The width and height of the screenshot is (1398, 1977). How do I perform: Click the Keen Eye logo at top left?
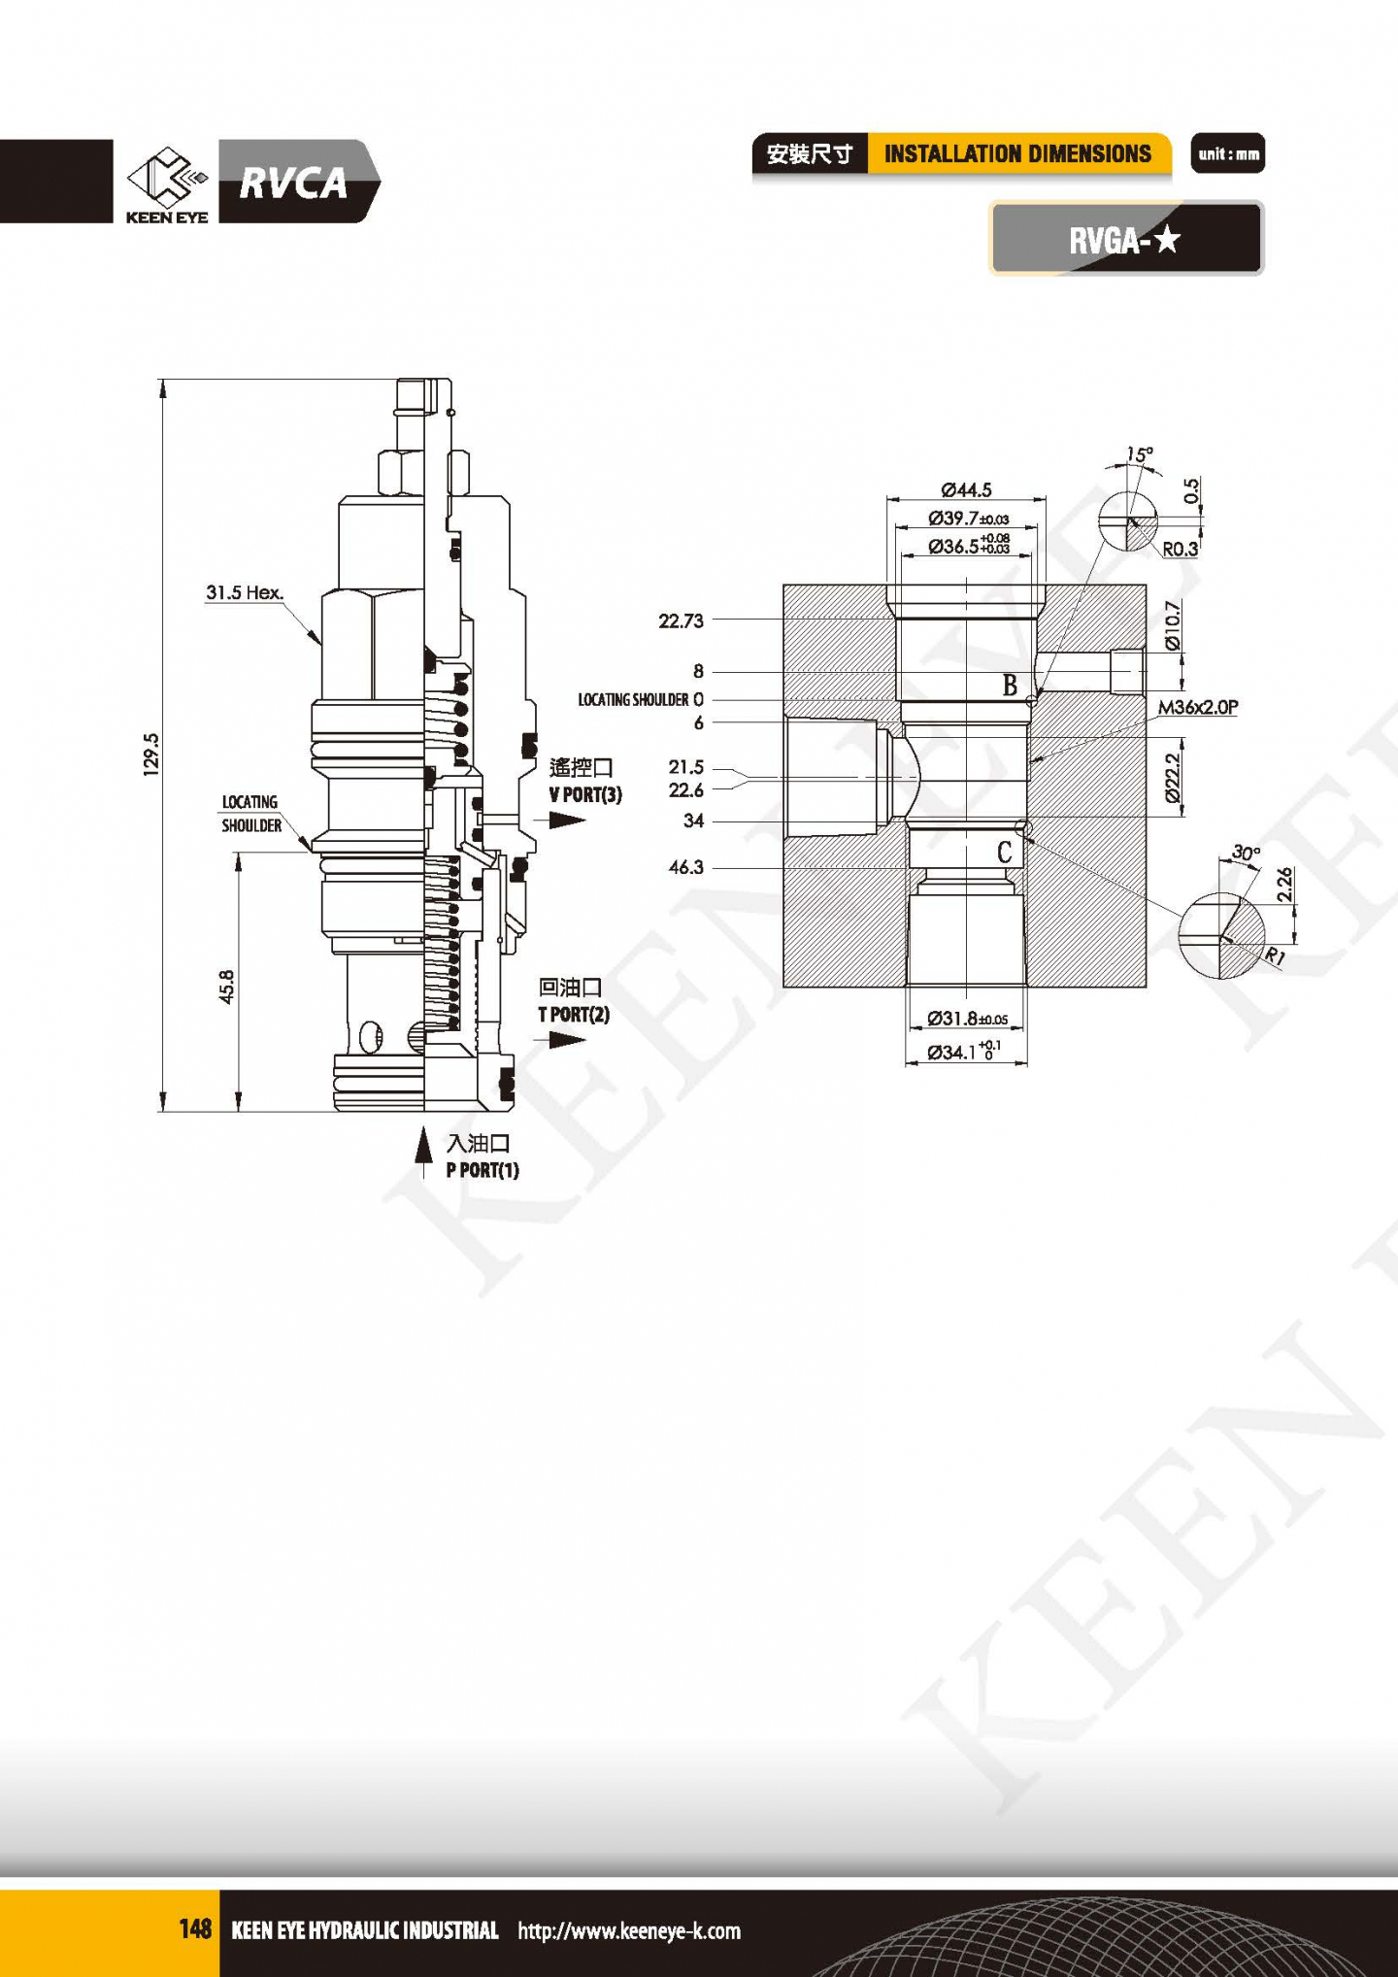click(167, 184)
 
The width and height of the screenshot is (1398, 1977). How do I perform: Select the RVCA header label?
click(292, 183)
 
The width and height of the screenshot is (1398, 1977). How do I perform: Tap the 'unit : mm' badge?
click(1228, 153)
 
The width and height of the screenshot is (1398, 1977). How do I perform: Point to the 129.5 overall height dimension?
click(150, 754)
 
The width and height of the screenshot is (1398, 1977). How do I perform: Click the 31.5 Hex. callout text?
click(244, 592)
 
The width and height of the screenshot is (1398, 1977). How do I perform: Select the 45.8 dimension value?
click(226, 987)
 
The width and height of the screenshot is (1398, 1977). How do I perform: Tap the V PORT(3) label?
click(585, 794)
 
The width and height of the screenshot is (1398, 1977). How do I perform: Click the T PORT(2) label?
click(574, 1014)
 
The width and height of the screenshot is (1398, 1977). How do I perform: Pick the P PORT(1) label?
click(483, 1170)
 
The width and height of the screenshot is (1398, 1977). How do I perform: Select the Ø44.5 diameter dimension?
click(966, 490)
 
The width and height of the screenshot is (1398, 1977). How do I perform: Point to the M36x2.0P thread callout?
click(1198, 707)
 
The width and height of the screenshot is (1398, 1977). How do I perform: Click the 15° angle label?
click(1140, 454)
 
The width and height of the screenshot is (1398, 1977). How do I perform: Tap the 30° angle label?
click(1246, 853)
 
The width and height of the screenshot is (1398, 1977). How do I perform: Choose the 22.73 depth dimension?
click(681, 620)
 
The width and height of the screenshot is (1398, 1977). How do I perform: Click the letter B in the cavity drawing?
click(1010, 686)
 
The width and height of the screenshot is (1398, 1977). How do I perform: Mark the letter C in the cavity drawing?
click(1005, 853)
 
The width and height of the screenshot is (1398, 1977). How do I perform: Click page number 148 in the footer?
click(195, 1928)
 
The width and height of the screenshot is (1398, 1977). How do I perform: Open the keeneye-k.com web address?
click(629, 1930)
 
